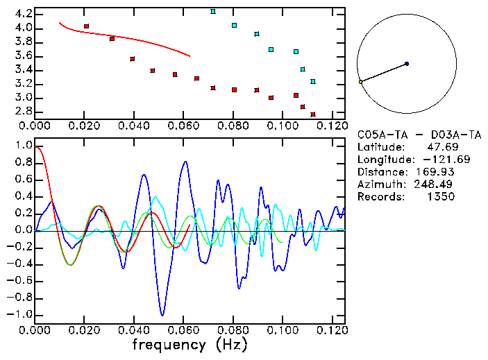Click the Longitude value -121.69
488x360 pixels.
pos(437,160)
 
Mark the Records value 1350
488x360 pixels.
pos(440,197)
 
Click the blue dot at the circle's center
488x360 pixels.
pos(407,64)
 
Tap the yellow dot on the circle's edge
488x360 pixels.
pos(360,82)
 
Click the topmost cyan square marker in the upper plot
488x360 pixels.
pos(213,12)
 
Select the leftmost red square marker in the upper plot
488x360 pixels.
pos(86,26)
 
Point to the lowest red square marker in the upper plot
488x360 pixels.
pos(313,114)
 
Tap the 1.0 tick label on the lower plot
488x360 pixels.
pos(23,146)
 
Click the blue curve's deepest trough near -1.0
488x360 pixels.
pos(162,315)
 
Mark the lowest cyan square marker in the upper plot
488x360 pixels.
pos(313,82)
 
